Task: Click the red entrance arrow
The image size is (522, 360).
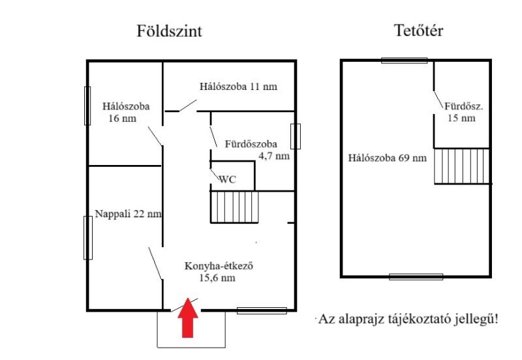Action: (188, 318)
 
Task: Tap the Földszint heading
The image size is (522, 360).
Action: (169, 31)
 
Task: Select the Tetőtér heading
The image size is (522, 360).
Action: (418, 30)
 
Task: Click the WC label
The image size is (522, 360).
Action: (227, 179)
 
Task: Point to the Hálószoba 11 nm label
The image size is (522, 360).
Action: (238, 87)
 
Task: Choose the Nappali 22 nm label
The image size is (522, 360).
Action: (128, 214)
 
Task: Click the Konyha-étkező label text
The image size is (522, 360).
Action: (219, 266)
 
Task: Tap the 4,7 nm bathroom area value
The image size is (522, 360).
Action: (274, 156)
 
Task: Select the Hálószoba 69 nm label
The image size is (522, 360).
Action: (387, 158)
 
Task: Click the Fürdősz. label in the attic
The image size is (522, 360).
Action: (464, 106)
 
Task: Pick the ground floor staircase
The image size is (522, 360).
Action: (234, 207)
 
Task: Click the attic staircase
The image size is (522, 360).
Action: (462, 166)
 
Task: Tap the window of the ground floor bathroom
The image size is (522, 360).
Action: (296, 136)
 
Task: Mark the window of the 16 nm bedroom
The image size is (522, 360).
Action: (87, 106)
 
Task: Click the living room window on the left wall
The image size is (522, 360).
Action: (88, 237)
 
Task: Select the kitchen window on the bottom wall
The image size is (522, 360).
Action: (262, 310)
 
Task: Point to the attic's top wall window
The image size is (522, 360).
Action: (404, 60)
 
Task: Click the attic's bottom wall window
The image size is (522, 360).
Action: (416, 277)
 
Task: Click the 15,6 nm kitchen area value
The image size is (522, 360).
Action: (217, 278)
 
